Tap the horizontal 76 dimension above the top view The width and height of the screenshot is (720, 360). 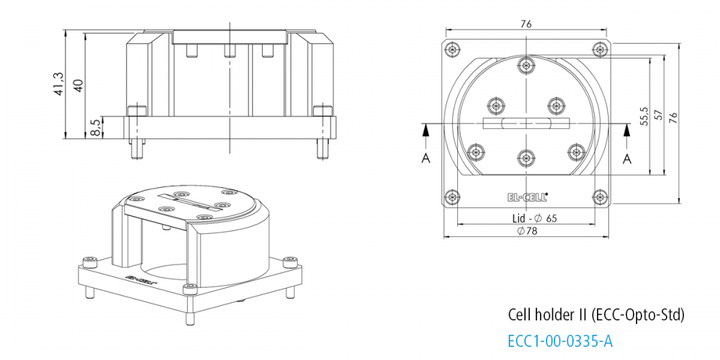point(526,24)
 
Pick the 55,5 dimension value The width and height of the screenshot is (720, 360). point(644,115)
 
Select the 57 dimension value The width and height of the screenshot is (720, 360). point(657,117)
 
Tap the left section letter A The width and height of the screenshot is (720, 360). point(426,158)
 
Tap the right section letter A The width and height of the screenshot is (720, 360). point(626,158)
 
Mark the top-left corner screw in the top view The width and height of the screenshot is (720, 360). point(451,50)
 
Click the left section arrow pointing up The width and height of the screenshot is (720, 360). point(426,130)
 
